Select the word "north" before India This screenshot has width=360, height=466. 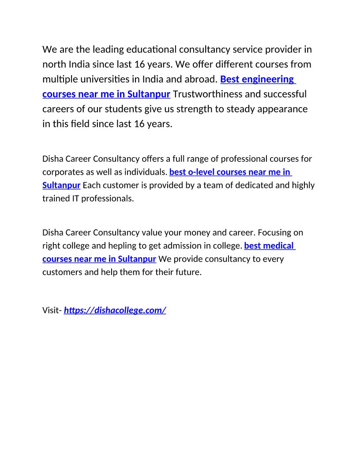coord(54,64)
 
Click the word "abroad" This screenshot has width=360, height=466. coord(201,79)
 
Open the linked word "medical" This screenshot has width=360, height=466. coord(278,245)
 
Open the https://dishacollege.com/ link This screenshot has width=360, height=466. coord(115,310)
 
